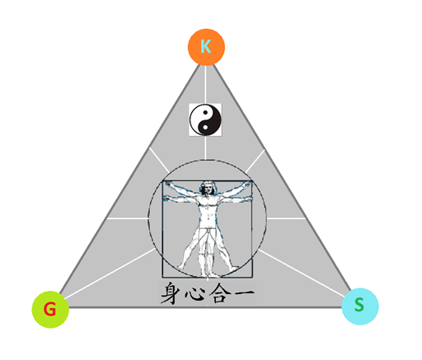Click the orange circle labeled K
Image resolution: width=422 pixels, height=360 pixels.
[206, 47]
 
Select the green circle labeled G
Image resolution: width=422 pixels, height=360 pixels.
[50, 309]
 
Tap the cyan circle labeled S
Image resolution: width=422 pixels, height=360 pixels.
[360, 306]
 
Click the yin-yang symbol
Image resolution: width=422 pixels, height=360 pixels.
[205, 119]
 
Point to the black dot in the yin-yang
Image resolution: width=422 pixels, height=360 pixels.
[205, 112]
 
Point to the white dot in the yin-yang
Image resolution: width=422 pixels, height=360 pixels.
[205, 127]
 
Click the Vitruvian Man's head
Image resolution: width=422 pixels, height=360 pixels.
[208, 188]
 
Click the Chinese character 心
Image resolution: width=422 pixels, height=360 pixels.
[195, 294]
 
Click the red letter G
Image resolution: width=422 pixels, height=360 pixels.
[49, 309]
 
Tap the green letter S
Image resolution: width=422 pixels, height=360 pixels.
[359, 305]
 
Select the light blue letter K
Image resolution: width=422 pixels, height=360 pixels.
[206, 46]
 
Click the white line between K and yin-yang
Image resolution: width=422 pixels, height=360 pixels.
[205, 85]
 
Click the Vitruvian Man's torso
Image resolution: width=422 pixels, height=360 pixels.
[208, 212]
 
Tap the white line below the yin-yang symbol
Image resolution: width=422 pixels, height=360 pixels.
[205, 147]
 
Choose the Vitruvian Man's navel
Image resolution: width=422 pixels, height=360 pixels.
[208, 218]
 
